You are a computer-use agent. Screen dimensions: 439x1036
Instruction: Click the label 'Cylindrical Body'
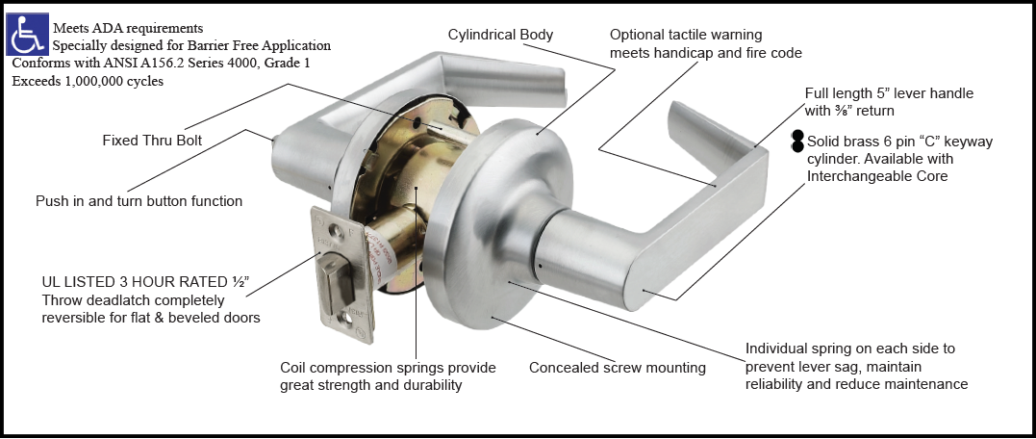pyautogui.click(x=500, y=35)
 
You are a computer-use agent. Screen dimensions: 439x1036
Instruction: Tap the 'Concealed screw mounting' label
pyautogui.click(x=617, y=367)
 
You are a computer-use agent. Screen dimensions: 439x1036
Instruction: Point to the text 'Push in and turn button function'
pyautogui.click(x=139, y=201)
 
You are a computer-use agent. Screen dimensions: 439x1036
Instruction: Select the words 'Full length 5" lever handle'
pyautogui.click(x=889, y=93)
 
